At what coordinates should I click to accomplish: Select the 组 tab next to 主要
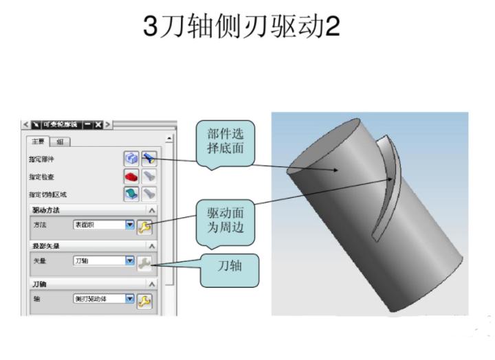60,142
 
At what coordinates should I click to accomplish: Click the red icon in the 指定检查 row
131,177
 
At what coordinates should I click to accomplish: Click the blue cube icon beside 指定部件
131,159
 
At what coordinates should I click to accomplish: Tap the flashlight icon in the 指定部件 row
148,159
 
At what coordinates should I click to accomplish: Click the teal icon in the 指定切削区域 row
131,194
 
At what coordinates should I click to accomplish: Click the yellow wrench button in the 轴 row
144,300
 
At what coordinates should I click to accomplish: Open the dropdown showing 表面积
104,225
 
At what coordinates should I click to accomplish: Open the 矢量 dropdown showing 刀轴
104,261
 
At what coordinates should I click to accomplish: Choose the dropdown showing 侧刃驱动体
104,299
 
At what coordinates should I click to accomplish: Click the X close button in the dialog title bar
98,124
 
